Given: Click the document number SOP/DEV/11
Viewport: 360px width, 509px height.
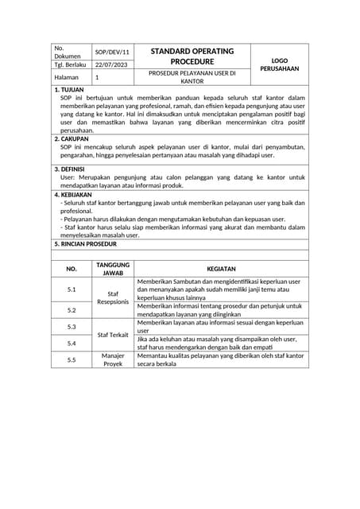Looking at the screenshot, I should click(x=111, y=52).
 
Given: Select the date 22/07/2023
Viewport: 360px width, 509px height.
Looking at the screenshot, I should click(x=111, y=65).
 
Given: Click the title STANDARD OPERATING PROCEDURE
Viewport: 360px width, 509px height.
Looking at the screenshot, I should click(x=192, y=56).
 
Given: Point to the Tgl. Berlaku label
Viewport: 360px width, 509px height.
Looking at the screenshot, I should click(x=70, y=65).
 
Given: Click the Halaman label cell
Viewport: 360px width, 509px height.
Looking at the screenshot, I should click(x=67, y=78).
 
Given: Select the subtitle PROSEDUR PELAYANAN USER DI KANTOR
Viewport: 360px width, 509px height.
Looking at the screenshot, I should click(x=192, y=77).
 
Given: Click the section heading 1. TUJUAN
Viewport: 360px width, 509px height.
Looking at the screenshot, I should click(x=68, y=90).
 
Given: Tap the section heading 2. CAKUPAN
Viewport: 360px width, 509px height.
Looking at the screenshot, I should click(x=72, y=138).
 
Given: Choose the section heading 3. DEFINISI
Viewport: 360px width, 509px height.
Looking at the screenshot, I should click(x=71, y=169).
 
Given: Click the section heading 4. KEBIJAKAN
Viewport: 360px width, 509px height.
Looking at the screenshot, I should click(x=73, y=194).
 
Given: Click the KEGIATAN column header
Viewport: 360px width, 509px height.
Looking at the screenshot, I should click(x=216, y=269).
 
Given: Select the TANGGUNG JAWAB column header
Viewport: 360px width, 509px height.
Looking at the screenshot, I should click(x=112, y=269).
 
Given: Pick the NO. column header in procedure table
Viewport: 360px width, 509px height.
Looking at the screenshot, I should click(x=72, y=269).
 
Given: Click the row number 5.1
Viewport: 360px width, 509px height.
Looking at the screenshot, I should click(x=72, y=289).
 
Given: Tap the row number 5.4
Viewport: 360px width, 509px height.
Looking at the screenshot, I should click(x=72, y=343).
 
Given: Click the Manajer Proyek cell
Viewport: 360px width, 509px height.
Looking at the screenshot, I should click(x=112, y=359).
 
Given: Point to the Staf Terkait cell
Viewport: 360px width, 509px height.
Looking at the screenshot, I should click(x=112, y=335).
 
